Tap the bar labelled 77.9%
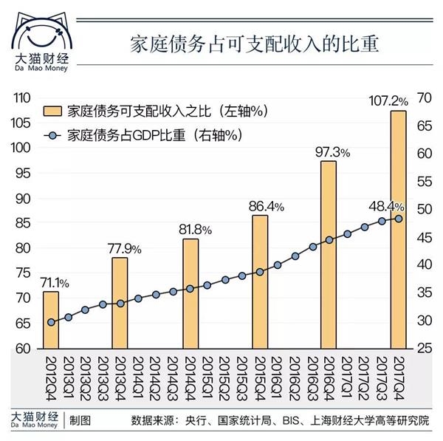coord(120,303)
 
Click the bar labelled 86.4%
coord(259,281)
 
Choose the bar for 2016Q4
coord(329,254)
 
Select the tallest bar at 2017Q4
coord(399,229)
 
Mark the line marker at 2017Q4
coord(399,218)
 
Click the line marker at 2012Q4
coord(50,322)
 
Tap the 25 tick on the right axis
coord(424,349)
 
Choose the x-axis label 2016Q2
coord(293,373)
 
